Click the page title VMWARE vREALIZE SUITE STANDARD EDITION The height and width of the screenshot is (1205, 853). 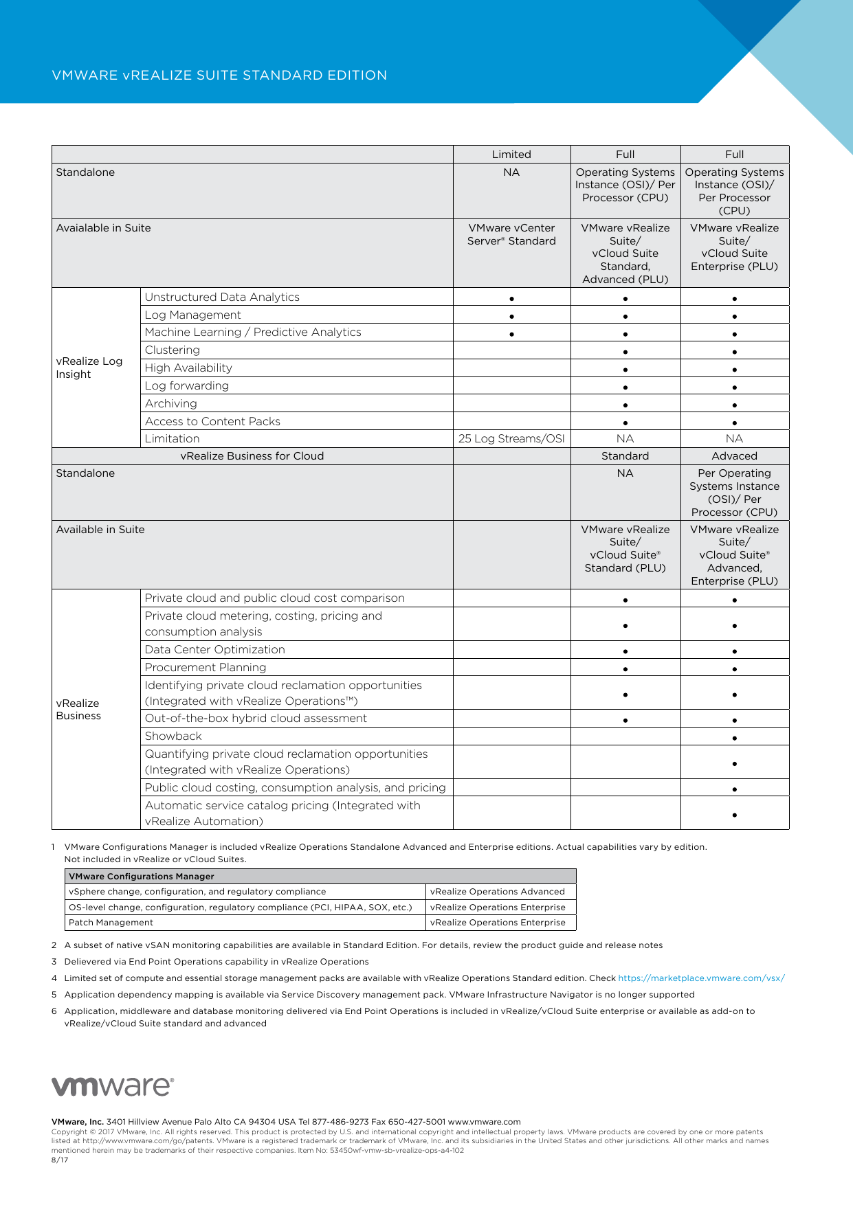point(219,76)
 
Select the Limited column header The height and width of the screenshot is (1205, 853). point(511,155)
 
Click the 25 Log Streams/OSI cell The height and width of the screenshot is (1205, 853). point(511,439)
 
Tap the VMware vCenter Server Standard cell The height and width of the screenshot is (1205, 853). point(511,234)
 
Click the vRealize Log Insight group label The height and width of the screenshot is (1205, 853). point(89,368)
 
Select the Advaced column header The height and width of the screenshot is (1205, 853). point(734,456)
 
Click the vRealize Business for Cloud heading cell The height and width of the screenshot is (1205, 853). point(252,456)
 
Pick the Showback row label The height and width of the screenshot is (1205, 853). point(173,736)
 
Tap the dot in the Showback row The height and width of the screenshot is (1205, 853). point(735,739)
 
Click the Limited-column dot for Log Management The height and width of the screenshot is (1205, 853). point(512,317)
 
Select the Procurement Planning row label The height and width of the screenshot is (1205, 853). point(206,668)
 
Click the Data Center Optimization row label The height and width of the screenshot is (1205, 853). point(214,650)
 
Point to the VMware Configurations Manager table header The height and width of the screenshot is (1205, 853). point(142,877)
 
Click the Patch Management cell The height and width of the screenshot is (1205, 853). point(111,923)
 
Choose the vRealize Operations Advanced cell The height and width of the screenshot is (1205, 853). point(498,892)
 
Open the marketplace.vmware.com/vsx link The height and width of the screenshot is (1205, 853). point(701,978)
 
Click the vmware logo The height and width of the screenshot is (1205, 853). point(113,1086)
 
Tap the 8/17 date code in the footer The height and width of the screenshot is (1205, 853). point(60,1160)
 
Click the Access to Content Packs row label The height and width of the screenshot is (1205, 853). point(212,422)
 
